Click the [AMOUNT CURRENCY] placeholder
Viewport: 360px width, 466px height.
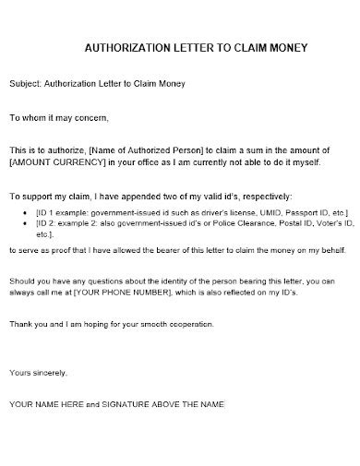[47, 162]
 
